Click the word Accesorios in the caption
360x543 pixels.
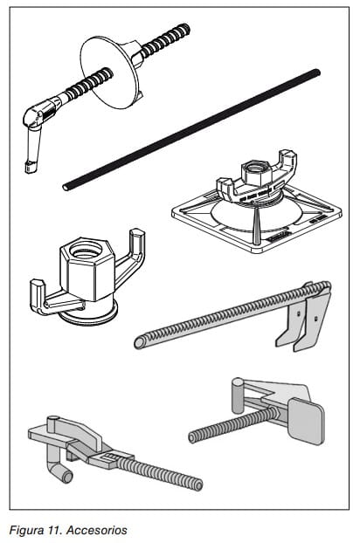click(x=97, y=530)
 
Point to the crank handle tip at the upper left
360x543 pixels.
click(x=29, y=167)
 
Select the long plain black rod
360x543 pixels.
click(x=191, y=130)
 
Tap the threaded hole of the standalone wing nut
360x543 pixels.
click(x=86, y=250)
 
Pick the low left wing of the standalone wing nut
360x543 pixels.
click(x=52, y=299)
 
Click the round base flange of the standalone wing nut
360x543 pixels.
click(x=88, y=313)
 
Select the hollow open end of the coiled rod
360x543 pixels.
click(x=140, y=343)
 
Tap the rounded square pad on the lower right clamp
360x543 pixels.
click(x=307, y=421)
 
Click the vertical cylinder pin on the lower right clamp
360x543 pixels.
click(x=238, y=395)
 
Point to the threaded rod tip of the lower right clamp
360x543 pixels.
click(x=192, y=437)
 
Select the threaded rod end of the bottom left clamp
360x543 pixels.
click(x=197, y=485)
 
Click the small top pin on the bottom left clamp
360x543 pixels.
click(x=53, y=423)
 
